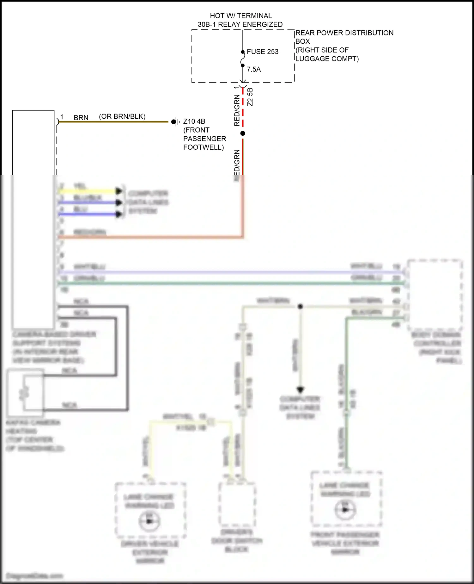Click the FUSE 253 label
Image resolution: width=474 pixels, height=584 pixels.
262,52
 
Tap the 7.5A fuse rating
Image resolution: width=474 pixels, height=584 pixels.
254,69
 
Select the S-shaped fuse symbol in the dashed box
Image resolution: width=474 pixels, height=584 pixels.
243,59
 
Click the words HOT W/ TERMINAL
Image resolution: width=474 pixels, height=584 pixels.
241,16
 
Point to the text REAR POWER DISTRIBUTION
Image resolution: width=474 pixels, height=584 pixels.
344,33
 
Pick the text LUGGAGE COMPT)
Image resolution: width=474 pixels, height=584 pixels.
327,59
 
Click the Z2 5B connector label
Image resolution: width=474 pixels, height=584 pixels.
250,97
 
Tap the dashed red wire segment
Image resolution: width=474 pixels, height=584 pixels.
243,108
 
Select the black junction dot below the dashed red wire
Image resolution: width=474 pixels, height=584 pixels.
243,134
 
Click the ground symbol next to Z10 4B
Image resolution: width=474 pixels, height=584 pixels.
176,121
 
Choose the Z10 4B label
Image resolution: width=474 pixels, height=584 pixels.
194,121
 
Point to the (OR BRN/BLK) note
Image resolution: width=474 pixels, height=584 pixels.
122,116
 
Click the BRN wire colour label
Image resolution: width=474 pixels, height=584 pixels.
81,118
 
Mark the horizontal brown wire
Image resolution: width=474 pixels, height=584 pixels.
114,121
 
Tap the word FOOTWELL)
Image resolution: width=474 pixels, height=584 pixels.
204,147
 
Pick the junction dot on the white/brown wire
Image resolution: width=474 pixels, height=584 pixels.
300,306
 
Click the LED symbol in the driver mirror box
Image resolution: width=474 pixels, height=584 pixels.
149,521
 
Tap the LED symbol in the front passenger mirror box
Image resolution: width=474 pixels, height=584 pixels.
345,510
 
